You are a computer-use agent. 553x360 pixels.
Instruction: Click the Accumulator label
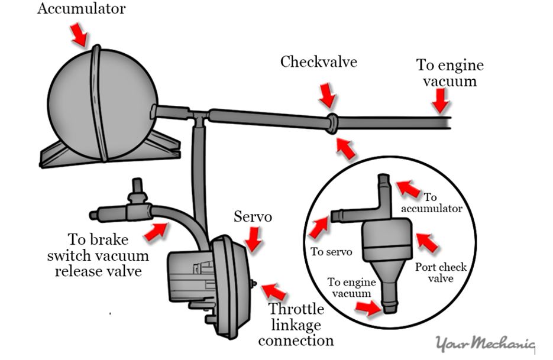click(x=82, y=9)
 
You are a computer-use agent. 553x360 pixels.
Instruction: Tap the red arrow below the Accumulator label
click(x=78, y=35)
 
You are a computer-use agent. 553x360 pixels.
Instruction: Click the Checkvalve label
click(x=318, y=62)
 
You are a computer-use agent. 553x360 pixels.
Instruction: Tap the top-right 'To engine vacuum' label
click(x=450, y=72)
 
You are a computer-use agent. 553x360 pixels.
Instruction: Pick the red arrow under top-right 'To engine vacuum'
click(x=439, y=103)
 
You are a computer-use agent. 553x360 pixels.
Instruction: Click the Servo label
click(x=253, y=217)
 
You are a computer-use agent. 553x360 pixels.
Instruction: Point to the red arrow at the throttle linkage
click(x=273, y=291)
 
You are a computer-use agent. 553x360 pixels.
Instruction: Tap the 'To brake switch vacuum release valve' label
click(x=108, y=255)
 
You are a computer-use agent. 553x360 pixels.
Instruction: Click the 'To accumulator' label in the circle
click(x=438, y=203)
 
